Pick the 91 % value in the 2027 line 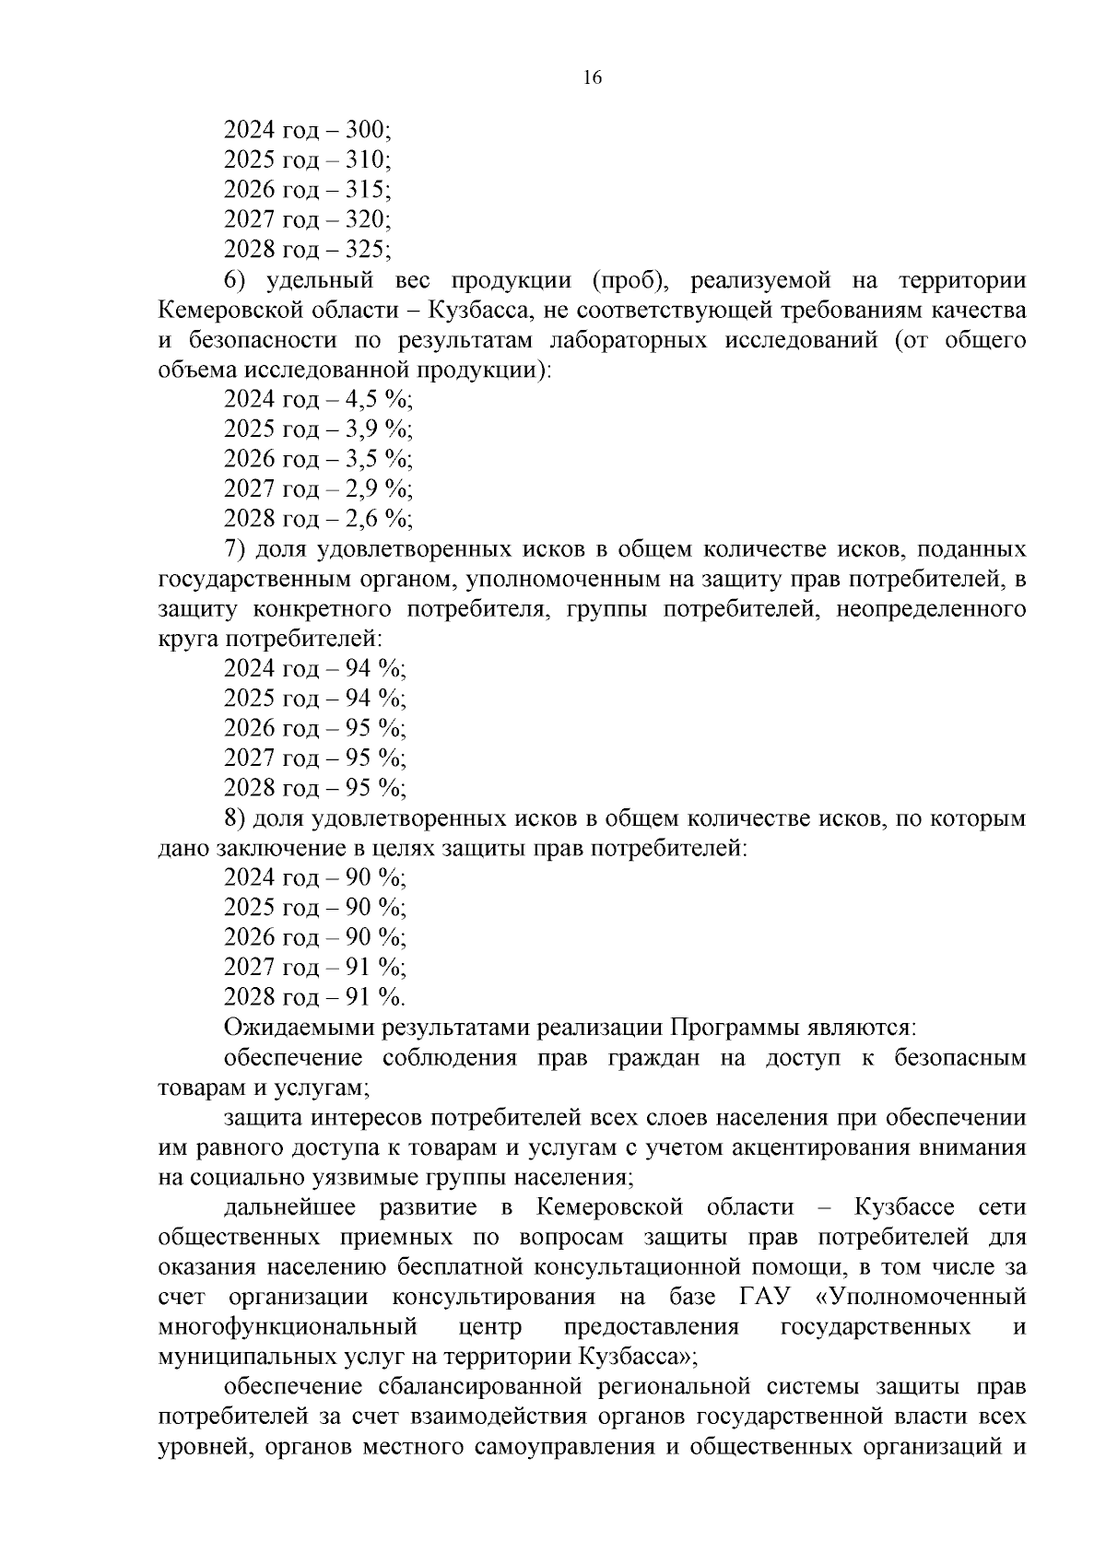pos(374,968)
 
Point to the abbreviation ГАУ pos(765,1298)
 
